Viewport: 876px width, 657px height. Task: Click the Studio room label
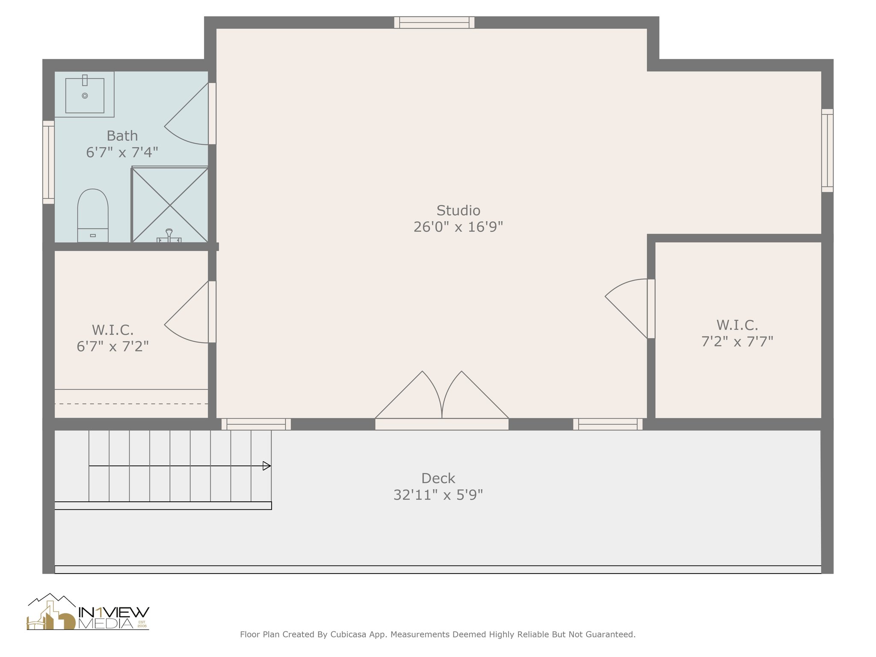(x=458, y=210)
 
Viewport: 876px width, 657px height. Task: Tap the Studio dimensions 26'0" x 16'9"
(x=458, y=227)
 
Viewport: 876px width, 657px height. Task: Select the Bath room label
(x=122, y=136)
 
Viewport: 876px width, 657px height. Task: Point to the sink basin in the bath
(x=85, y=95)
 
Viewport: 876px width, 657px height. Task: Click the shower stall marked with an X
(x=170, y=205)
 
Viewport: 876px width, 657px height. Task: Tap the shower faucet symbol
(x=169, y=235)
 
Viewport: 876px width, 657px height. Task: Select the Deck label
(x=438, y=478)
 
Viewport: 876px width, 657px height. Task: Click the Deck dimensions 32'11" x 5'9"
(x=438, y=495)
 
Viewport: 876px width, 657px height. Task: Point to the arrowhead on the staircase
(x=266, y=466)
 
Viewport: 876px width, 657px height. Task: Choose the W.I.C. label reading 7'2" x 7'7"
(x=737, y=342)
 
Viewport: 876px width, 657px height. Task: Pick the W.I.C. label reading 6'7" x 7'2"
(x=113, y=346)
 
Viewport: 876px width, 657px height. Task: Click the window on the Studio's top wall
(x=434, y=22)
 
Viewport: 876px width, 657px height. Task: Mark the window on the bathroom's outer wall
(x=48, y=162)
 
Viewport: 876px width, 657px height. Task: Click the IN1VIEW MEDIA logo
(x=88, y=613)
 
